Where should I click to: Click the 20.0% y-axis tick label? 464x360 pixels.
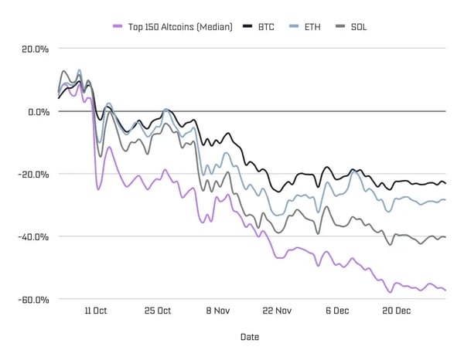coord(33,49)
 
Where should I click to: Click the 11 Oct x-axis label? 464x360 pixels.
coord(96,311)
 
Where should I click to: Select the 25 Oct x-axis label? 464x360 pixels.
coord(158,311)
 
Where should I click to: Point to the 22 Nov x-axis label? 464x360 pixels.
coord(277,311)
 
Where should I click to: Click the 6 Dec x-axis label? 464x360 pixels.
coord(337,311)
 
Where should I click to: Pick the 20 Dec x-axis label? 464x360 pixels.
coord(397,311)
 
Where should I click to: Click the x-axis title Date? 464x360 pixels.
coord(249,337)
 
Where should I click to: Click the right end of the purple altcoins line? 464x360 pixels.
coord(445,290)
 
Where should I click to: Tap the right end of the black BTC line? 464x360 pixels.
coord(445,184)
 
